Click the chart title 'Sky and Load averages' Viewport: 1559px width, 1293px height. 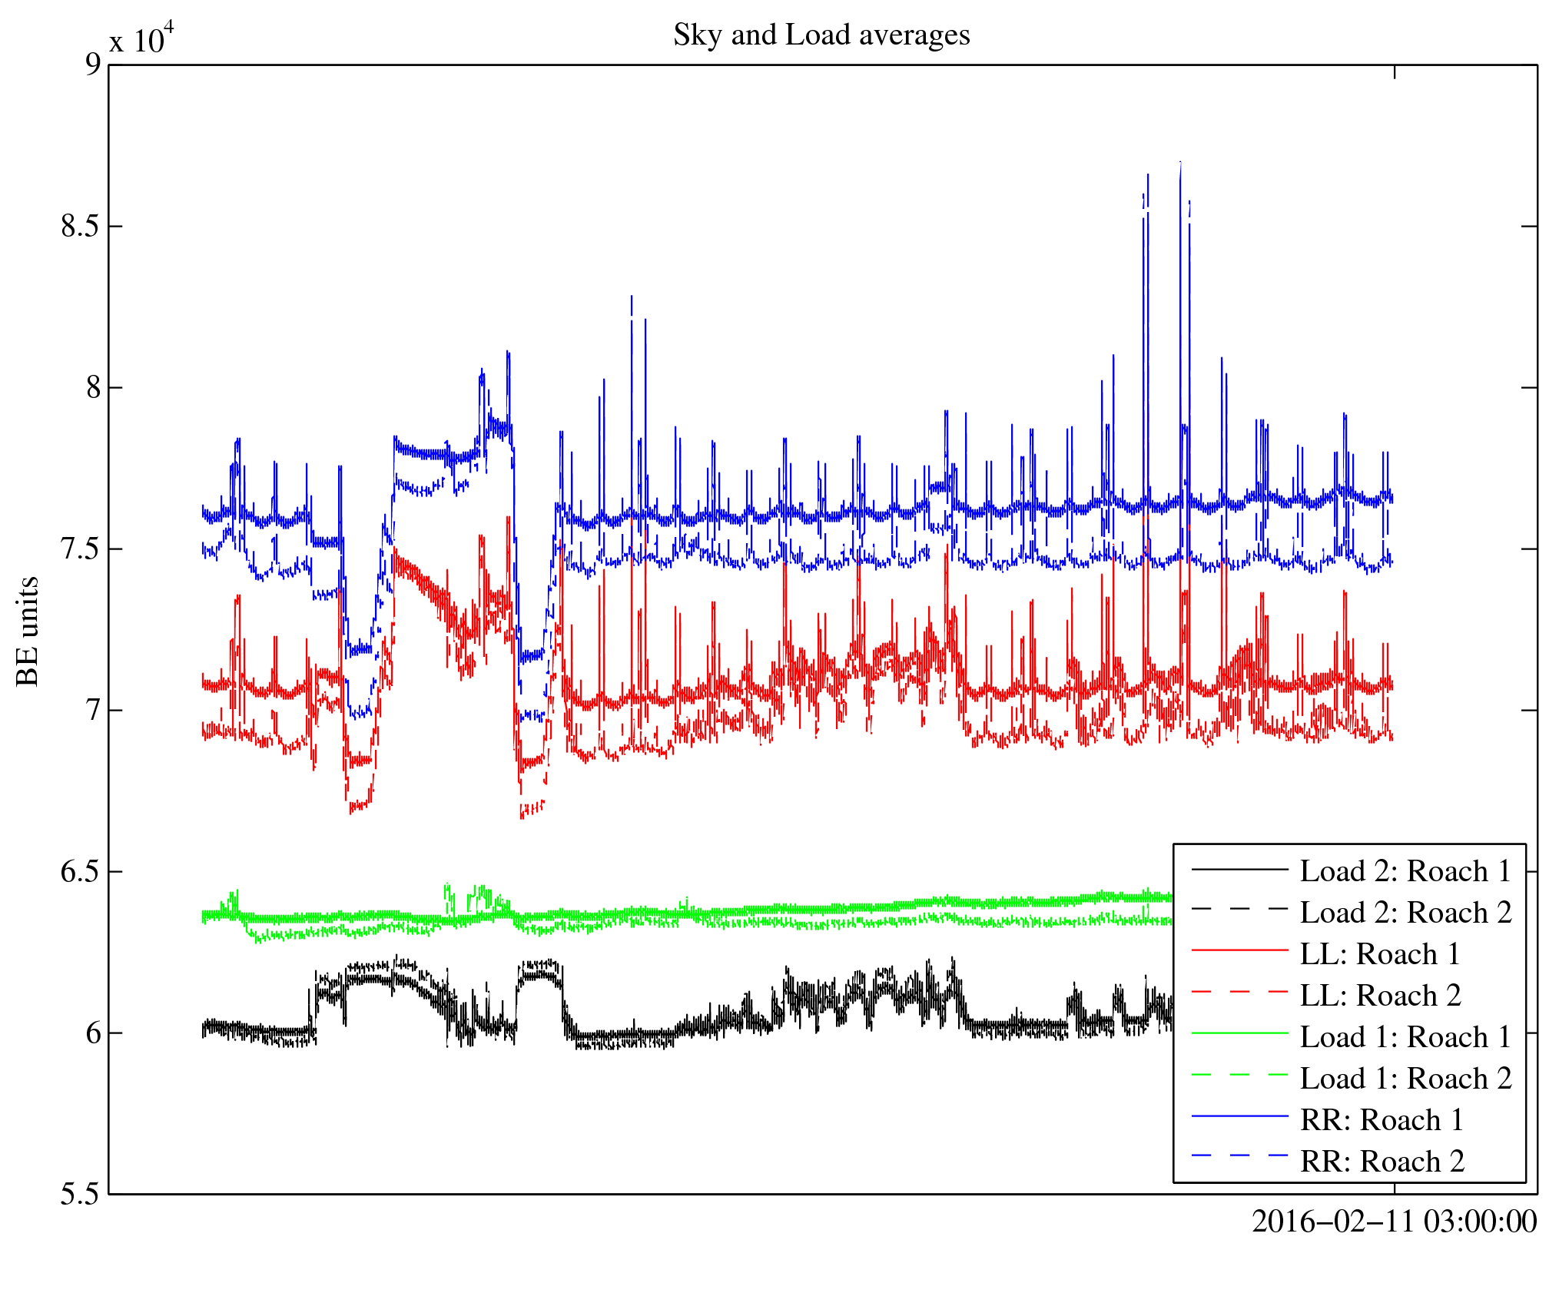click(821, 35)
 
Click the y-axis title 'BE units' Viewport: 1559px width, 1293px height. click(28, 631)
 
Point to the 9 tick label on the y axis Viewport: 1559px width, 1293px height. click(93, 65)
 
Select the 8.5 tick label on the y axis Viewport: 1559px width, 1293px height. click(81, 226)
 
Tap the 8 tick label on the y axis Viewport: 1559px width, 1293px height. click(93, 387)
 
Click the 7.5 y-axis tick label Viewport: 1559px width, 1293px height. click(81, 549)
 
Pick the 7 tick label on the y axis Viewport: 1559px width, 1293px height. click(93, 710)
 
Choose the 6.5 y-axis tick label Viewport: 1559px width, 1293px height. click(81, 871)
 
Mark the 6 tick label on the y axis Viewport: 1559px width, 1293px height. click(93, 1033)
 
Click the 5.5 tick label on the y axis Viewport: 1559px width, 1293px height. click(81, 1194)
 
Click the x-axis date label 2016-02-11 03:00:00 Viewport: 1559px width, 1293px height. click(1394, 1222)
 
